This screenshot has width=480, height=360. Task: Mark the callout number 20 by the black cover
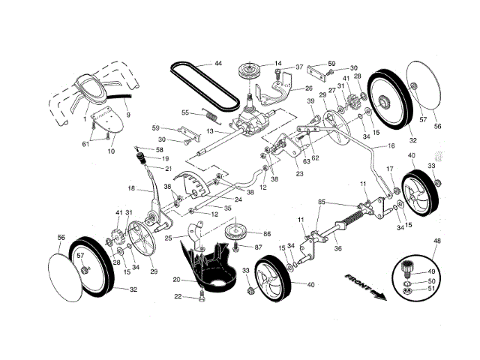(x=176, y=280)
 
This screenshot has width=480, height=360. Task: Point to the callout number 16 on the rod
(x=391, y=146)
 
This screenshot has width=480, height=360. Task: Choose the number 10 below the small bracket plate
(x=110, y=151)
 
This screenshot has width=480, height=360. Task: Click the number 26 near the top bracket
(x=308, y=87)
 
